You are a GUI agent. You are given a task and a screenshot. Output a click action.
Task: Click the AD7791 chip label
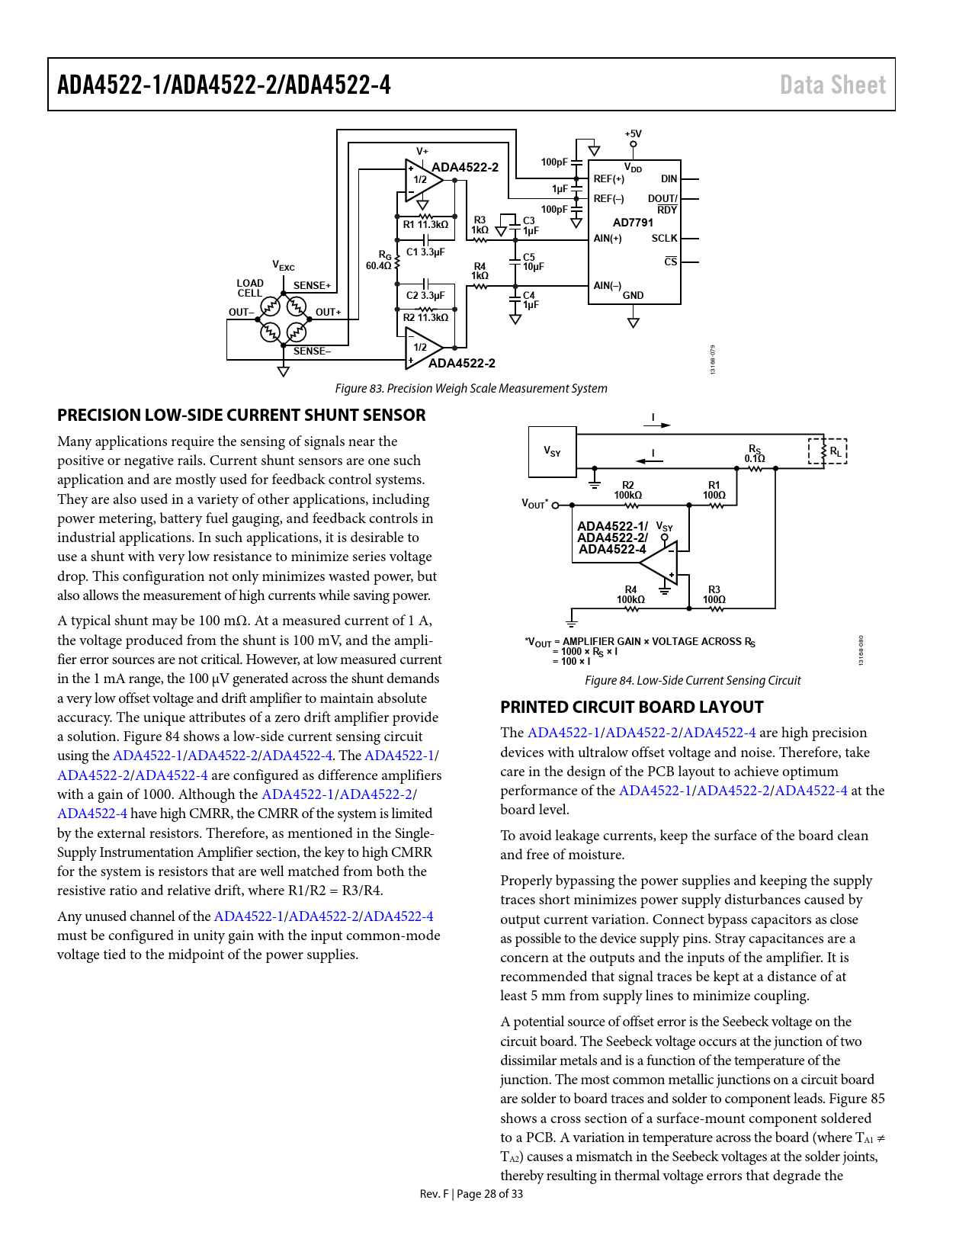pos(633,223)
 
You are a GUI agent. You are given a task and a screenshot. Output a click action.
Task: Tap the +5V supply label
pos(633,133)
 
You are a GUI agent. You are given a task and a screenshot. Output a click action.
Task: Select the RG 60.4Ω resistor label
pos(379,260)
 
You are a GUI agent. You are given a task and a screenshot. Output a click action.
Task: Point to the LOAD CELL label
pos(249,287)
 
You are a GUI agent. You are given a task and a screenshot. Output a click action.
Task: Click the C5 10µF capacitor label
pos(533,262)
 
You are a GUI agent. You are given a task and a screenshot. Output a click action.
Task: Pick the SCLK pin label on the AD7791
pos(664,238)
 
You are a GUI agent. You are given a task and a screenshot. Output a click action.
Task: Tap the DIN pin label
pos(669,179)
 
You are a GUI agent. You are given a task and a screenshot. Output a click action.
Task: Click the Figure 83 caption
pos(470,389)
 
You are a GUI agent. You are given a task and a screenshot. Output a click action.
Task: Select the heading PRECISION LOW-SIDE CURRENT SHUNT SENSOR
pos(242,415)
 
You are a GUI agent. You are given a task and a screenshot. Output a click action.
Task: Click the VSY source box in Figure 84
pos(552,451)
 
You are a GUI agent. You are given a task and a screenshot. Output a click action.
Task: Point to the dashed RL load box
pos(827,451)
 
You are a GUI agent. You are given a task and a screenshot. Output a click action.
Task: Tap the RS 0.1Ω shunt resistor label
pos(754,454)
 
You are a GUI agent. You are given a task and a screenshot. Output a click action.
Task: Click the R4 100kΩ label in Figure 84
pos(630,595)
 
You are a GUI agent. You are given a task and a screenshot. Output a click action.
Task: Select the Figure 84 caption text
pos(692,680)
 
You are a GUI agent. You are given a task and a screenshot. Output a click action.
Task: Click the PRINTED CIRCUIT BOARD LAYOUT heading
pos(631,707)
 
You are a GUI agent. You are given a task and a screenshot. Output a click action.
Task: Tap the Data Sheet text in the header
pos(832,85)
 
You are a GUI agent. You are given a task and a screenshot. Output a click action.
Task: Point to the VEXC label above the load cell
pos(284,265)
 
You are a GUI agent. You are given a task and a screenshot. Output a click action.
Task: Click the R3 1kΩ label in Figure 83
pos(480,225)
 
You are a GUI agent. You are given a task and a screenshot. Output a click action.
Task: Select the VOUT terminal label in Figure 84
pos(535,503)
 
